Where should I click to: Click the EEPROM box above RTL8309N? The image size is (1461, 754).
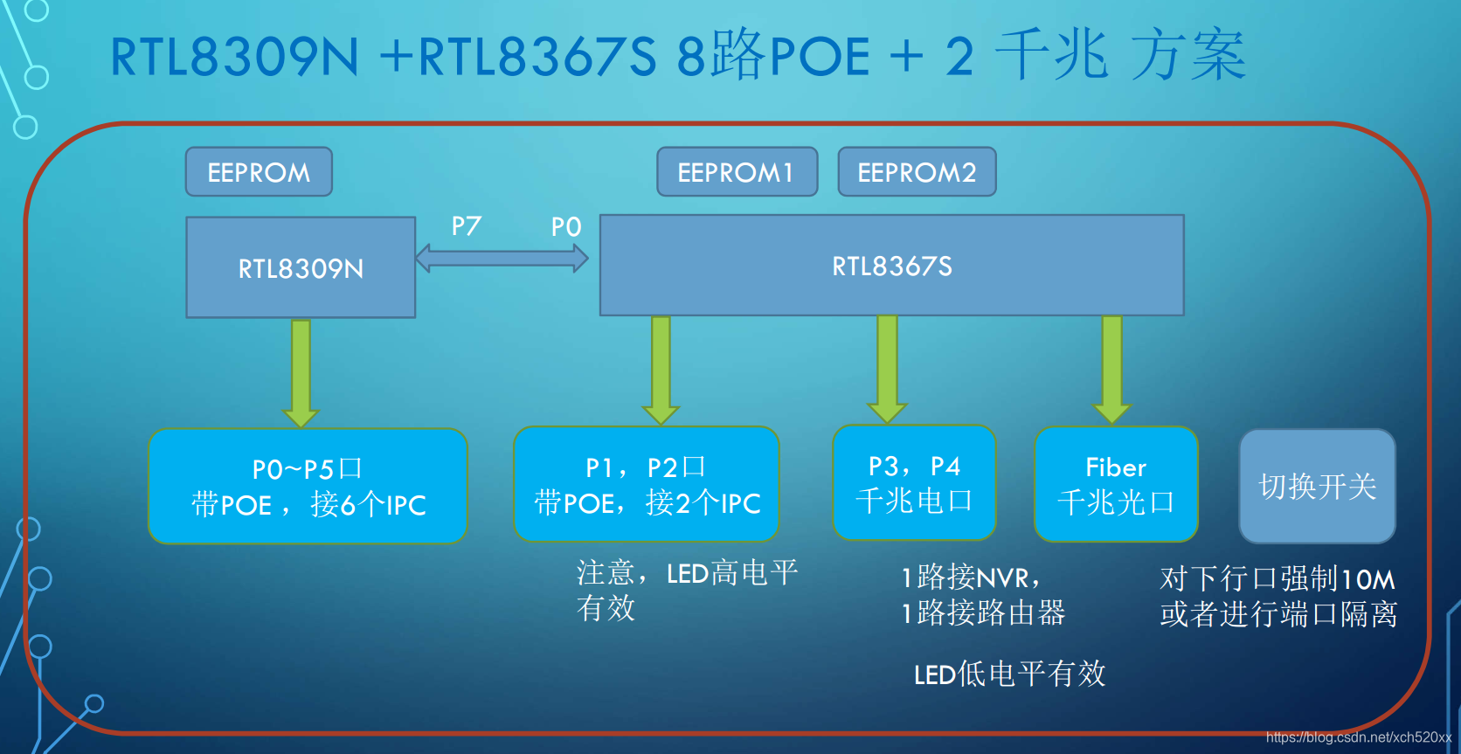259,172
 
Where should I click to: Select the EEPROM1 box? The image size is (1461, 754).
737,172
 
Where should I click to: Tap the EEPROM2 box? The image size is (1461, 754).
917,172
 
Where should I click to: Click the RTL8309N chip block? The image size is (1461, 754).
301,267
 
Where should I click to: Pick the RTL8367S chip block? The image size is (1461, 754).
891,266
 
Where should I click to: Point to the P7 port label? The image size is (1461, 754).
467,226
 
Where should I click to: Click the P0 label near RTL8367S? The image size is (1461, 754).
566,227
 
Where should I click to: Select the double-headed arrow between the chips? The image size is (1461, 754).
502,258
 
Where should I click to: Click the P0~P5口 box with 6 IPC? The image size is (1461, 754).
308,487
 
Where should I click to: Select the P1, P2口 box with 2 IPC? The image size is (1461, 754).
647,485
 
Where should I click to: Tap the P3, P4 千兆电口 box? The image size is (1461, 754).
914,483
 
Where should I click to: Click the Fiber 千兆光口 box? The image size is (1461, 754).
1116,485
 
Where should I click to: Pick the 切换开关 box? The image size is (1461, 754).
1317,487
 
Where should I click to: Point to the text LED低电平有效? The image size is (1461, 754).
1009,674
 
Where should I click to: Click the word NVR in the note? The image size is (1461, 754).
1002,578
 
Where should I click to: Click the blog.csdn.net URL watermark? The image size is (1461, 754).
1358,737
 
